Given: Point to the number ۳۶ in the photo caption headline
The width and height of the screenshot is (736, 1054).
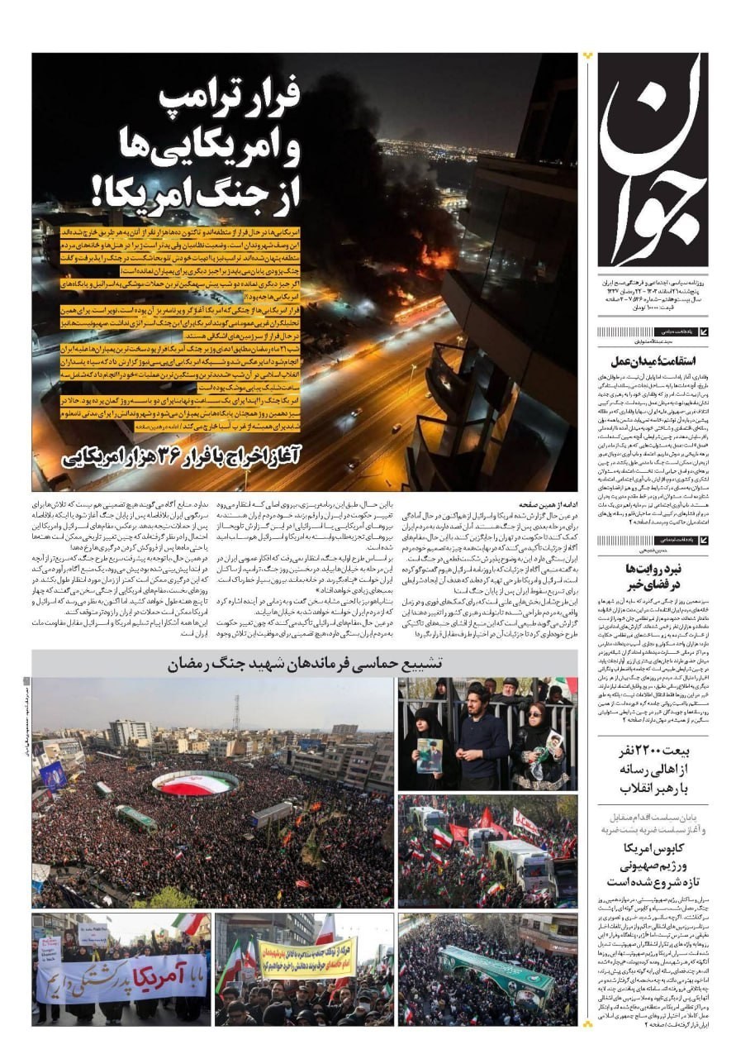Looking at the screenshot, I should (173, 453).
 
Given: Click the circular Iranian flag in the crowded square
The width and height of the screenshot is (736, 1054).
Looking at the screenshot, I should (195, 782).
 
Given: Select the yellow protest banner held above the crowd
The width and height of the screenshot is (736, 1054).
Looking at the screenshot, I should (306, 959).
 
